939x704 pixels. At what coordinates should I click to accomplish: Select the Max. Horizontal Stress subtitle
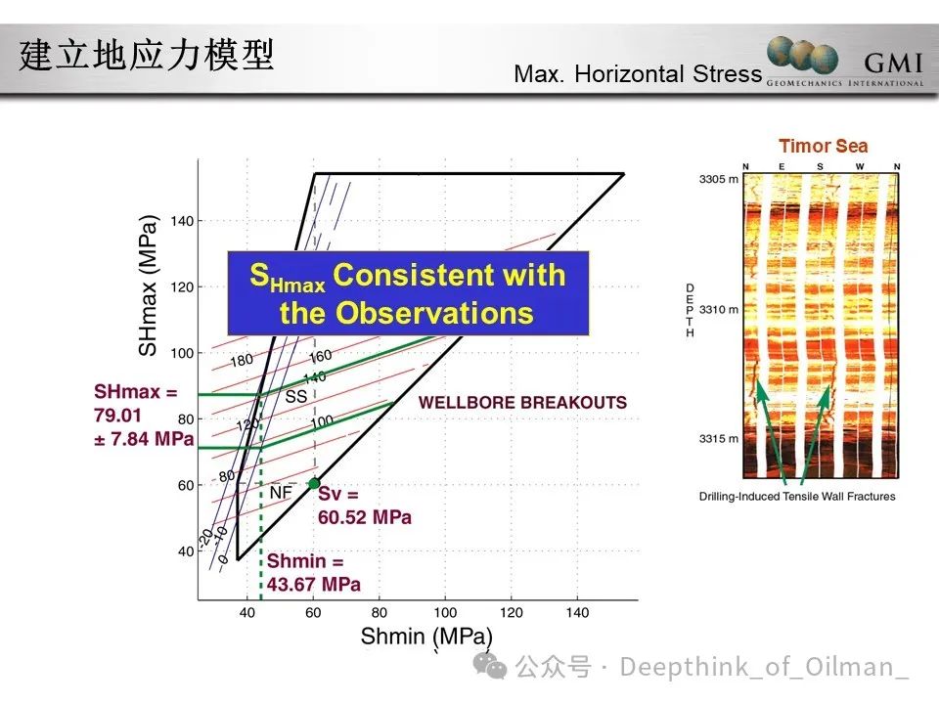[x=637, y=73]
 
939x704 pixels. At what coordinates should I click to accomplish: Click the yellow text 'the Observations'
[x=406, y=313]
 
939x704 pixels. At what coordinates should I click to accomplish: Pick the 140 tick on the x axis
[x=576, y=612]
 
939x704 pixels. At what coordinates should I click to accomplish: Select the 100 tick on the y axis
[x=183, y=353]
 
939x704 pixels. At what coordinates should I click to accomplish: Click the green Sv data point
[x=313, y=483]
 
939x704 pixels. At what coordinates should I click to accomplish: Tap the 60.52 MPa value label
[x=364, y=517]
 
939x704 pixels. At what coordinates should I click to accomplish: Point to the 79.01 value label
[x=117, y=416]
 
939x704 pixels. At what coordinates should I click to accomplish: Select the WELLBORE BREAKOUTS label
[x=522, y=403]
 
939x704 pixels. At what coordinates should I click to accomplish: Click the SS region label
[x=295, y=396]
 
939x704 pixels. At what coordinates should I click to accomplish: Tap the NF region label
[x=281, y=493]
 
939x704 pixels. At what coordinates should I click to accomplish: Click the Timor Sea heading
[x=823, y=147]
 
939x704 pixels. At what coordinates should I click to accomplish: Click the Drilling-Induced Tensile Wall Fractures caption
[x=797, y=497]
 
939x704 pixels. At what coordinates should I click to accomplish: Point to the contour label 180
[x=242, y=360]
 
